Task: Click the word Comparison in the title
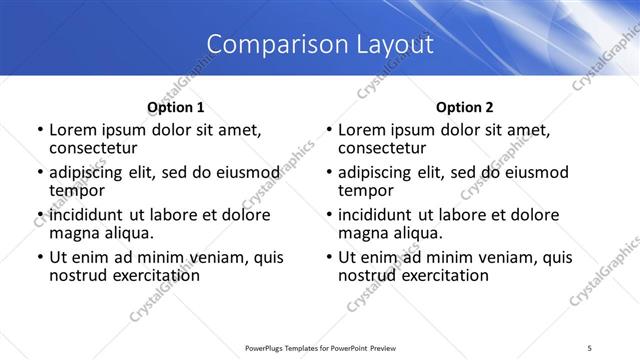click(267, 45)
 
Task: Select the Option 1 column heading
click(176, 107)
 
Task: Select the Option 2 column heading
click(465, 107)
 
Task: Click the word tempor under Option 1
click(78, 190)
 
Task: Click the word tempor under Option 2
click(367, 190)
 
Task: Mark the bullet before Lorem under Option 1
click(39, 130)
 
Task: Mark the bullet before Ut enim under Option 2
click(329, 257)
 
